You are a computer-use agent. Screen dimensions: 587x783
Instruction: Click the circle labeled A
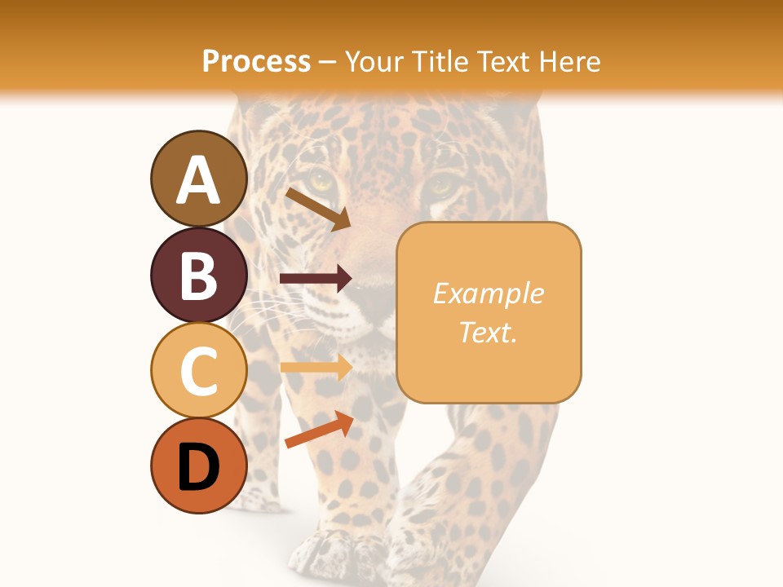(x=199, y=179)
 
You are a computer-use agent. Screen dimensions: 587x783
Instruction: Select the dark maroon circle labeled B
(x=199, y=275)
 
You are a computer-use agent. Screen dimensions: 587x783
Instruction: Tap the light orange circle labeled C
(x=199, y=370)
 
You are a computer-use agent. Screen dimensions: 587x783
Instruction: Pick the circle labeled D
(x=199, y=466)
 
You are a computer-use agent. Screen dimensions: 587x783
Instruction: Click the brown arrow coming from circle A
(x=317, y=209)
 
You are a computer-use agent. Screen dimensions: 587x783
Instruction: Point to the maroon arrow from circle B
(x=316, y=279)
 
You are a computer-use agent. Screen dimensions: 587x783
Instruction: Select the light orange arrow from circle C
(x=316, y=368)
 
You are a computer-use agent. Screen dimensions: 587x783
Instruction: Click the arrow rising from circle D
(x=319, y=430)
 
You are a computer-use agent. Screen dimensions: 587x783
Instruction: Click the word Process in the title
(x=256, y=61)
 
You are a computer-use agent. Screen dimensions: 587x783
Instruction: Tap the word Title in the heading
(x=438, y=61)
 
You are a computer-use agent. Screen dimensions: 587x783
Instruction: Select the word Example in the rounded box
(x=488, y=293)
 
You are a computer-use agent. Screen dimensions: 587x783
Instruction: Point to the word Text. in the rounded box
(x=488, y=332)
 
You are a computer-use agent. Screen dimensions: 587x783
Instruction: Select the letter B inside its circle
(x=199, y=275)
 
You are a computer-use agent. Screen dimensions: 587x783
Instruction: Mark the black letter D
(x=199, y=467)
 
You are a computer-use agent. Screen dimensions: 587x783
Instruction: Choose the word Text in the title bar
(x=502, y=61)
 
